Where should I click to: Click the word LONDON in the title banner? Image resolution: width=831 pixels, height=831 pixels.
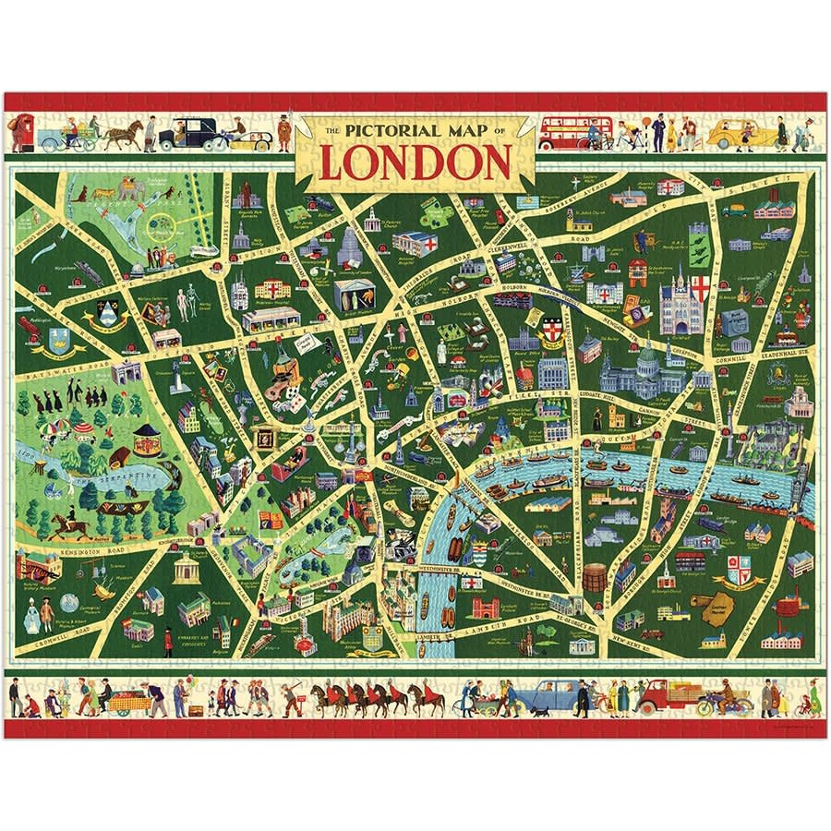pos(415,163)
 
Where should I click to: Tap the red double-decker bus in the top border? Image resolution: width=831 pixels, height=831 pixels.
pos(575,132)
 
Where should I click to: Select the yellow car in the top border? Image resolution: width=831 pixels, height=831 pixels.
pos(742,135)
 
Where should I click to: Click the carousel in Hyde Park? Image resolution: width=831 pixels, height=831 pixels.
pos(147,439)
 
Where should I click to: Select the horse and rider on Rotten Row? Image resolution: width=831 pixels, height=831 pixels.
pos(66,527)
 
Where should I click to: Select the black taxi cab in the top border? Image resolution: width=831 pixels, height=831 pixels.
pos(181,135)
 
